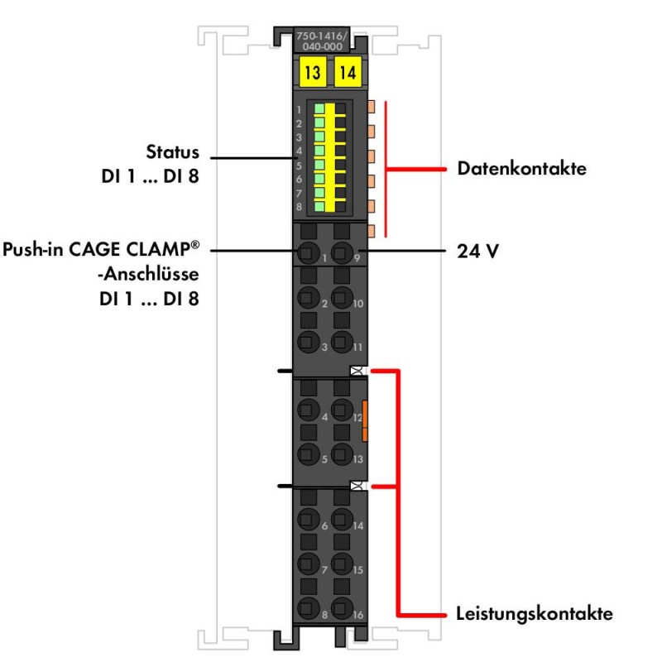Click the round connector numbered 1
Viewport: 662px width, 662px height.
point(309,252)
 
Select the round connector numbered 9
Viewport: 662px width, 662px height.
point(342,252)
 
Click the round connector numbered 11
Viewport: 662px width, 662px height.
point(342,338)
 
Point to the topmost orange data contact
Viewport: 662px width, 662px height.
point(371,107)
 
